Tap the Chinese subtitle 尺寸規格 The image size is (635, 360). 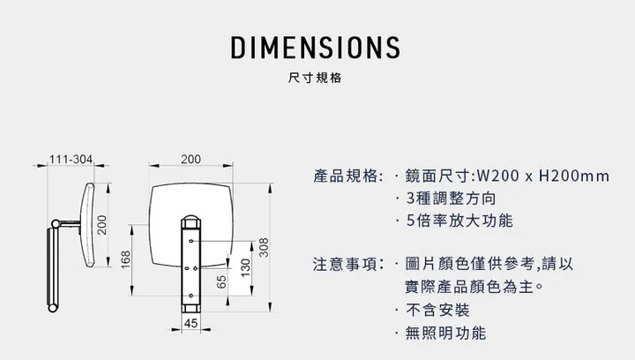click(316, 78)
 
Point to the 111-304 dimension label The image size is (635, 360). click(71, 160)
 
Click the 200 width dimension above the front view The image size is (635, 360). click(190, 160)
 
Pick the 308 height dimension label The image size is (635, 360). click(264, 248)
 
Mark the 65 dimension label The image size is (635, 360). click(221, 283)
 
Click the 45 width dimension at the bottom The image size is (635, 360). click(190, 324)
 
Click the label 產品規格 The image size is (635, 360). click(347, 176)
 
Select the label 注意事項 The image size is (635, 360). click(347, 265)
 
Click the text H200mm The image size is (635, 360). click(573, 176)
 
